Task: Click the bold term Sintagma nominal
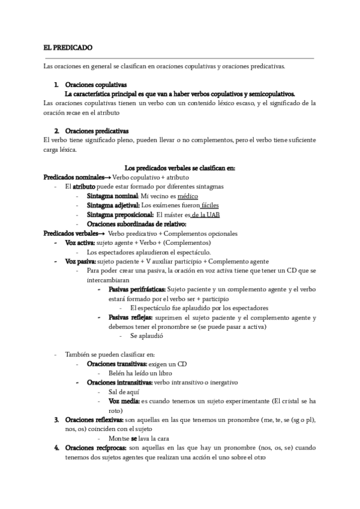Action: click(x=113, y=196)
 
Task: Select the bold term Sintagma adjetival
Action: click(x=113, y=205)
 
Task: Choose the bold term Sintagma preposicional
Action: click(x=119, y=215)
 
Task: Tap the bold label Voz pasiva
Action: click(x=80, y=262)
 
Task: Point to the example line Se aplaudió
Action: click(x=147, y=336)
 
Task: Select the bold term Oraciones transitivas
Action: click(x=117, y=364)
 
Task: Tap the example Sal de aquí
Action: click(x=120, y=391)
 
